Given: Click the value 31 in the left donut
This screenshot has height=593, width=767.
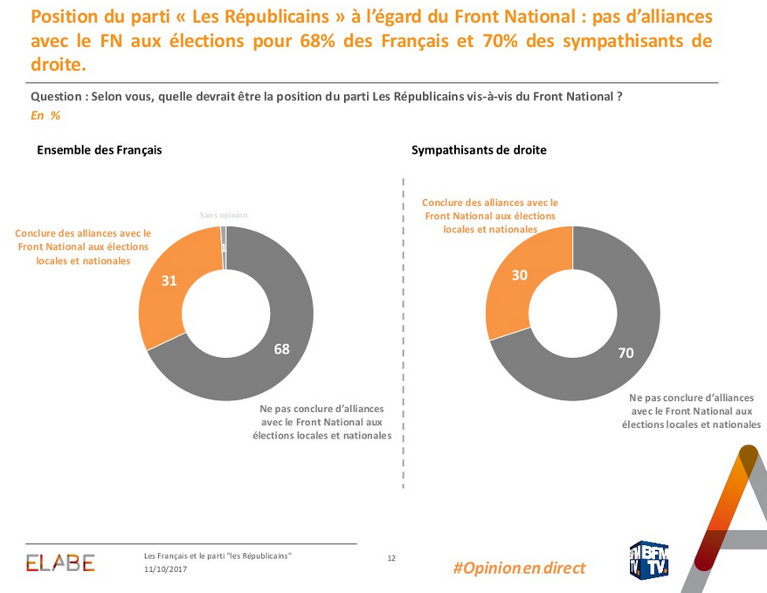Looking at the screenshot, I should (x=169, y=280).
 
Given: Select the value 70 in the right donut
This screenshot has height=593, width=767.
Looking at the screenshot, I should (x=625, y=354).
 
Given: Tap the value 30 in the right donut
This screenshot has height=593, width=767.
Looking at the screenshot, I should (x=518, y=275).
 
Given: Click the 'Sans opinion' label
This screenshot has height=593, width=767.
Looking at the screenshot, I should (x=224, y=215).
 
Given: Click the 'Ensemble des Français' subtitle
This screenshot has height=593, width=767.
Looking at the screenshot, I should (x=100, y=150).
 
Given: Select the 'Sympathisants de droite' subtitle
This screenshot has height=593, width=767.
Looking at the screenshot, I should (x=479, y=150).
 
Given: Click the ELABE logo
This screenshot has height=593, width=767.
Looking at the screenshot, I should (x=60, y=563).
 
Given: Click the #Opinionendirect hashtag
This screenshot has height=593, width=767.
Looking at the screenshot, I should (x=519, y=568).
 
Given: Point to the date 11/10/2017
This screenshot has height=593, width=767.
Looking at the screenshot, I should (x=165, y=569).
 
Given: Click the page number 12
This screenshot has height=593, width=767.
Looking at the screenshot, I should (x=391, y=558).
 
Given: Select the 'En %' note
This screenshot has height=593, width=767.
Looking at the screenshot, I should (x=45, y=115).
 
